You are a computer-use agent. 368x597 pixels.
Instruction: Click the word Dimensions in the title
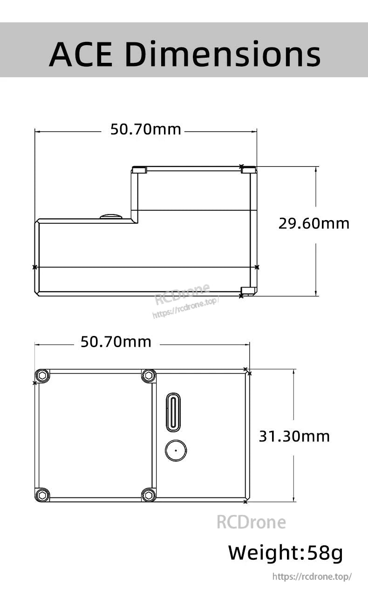(x=223, y=54)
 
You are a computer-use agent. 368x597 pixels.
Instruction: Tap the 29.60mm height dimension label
(x=313, y=223)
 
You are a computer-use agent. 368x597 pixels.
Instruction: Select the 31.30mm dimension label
(x=294, y=436)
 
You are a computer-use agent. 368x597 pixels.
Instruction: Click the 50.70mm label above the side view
(x=145, y=129)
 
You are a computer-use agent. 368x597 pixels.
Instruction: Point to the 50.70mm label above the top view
(x=116, y=342)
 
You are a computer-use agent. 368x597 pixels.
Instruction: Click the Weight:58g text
(x=285, y=553)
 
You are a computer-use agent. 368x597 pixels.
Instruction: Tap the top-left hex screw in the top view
(x=42, y=376)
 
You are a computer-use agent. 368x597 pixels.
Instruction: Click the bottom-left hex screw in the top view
(x=42, y=495)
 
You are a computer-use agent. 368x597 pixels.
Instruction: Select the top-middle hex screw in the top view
(x=149, y=376)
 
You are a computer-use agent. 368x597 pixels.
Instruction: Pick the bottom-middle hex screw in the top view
(x=149, y=495)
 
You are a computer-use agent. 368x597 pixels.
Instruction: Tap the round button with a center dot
(x=176, y=450)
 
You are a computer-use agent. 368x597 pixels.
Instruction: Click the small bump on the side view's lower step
(x=111, y=216)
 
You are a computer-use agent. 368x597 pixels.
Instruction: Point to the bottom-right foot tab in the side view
(x=248, y=291)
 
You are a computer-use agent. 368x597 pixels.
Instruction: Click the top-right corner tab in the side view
(x=249, y=170)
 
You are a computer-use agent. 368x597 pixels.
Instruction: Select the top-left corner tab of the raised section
(x=139, y=170)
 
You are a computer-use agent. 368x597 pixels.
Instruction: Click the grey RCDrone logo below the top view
(x=251, y=522)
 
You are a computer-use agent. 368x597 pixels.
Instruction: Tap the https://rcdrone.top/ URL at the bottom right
(x=312, y=577)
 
